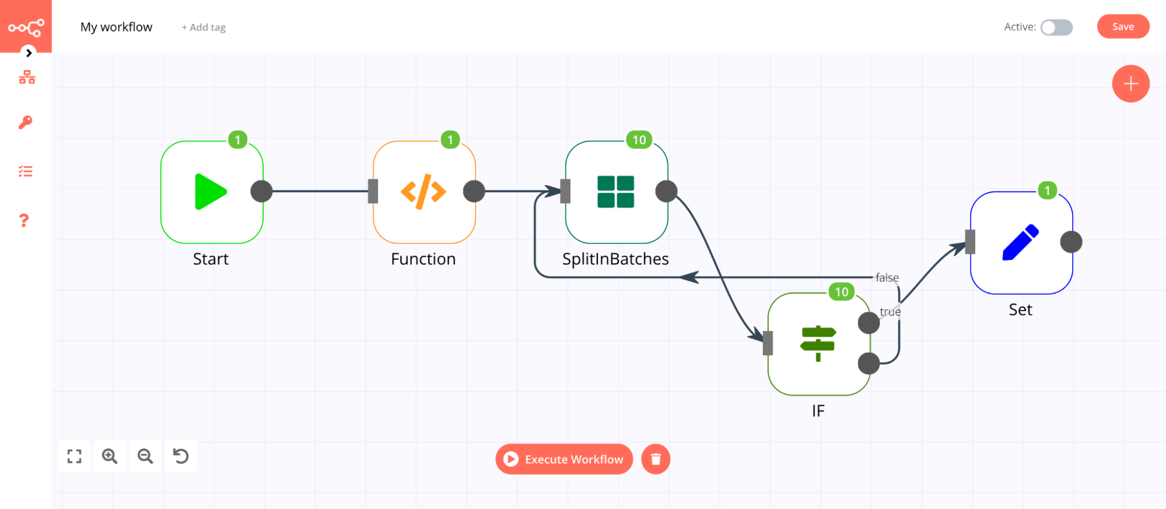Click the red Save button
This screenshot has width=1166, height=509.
click(x=1122, y=27)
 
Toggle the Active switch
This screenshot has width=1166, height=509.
click(x=1056, y=27)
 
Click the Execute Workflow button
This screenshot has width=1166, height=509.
click(x=564, y=459)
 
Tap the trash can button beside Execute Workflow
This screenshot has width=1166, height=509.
click(x=656, y=459)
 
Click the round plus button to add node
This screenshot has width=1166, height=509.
click(x=1130, y=84)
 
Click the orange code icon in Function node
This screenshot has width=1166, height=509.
click(x=423, y=191)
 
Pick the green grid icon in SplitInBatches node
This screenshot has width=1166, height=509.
click(x=615, y=191)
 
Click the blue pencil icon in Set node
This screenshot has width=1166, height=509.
click(x=1020, y=242)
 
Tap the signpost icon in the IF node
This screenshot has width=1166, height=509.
click(x=818, y=343)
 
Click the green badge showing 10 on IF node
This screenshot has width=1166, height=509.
click(x=841, y=292)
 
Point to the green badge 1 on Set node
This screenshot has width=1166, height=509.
click(x=1047, y=190)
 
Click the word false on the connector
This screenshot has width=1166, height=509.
click(x=887, y=278)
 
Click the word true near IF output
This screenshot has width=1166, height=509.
click(x=890, y=312)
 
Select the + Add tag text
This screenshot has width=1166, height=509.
click(x=204, y=27)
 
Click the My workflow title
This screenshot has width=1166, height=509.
click(x=116, y=27)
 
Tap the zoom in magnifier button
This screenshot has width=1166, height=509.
click(x=110, y=456)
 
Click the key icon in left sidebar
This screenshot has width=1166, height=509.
click(x=26, y=122)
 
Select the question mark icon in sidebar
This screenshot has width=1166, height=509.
click(x=24, y=221)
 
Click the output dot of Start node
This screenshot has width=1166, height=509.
click(x=261, y=191)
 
